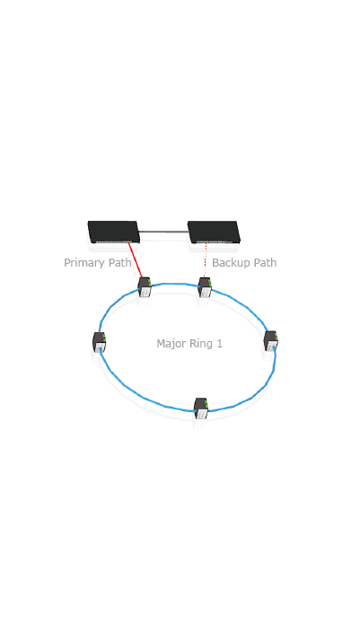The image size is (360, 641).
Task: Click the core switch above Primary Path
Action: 114,232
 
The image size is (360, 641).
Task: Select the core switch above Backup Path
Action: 214,232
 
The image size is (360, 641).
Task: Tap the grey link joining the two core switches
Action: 163,232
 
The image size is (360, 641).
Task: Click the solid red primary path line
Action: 136,260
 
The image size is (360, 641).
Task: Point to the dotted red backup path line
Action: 205,260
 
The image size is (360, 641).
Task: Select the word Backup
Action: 230,262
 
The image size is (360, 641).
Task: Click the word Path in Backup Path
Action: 264,262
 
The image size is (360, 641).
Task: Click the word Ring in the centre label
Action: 198,344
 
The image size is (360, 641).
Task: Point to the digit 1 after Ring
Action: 219,343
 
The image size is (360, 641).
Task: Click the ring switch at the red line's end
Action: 145,287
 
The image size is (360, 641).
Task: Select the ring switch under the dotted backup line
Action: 205,287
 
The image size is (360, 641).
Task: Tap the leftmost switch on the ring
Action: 100,342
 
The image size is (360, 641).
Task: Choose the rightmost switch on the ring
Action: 270,341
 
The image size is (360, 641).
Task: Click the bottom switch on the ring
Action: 201,408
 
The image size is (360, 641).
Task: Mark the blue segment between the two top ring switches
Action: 175,284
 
